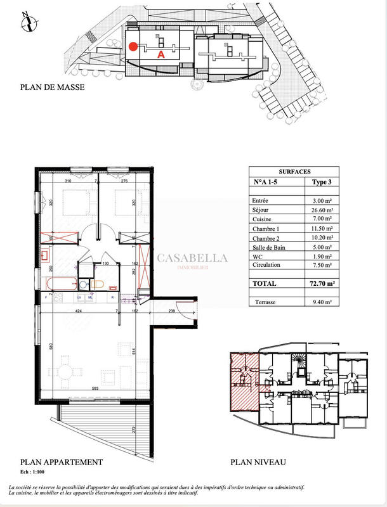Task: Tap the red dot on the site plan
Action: click(x=133, y=46)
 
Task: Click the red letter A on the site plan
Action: click(x=161, y=55)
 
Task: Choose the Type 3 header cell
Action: click(x=321, y=182)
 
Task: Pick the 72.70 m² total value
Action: click(x=320, y=285)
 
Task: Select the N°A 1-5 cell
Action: click(x=266, y=182)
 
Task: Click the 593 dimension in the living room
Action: click(x=95, y=388)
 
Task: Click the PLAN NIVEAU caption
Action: click(x=259, y=462)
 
